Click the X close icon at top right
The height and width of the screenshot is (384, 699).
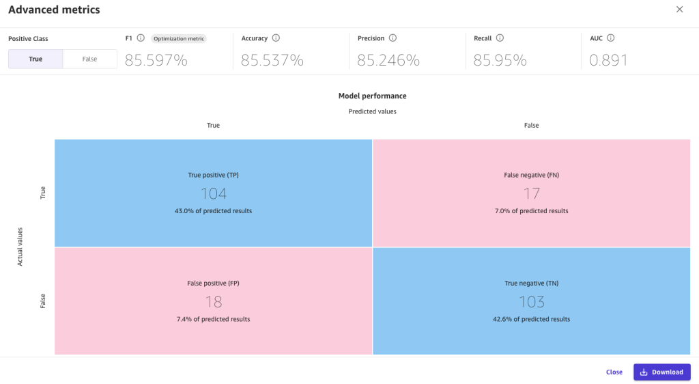[x=679, y=10]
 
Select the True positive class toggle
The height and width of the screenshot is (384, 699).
[x=35, y=59]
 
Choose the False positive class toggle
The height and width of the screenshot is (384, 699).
[x=89, y=59]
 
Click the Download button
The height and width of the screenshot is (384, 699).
[x=661, y=372]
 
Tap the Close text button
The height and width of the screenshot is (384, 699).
[x=614, y=372]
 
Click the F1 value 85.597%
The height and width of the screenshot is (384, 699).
[x=156, y=60]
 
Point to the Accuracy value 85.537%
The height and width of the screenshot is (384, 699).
[x=272, y=60]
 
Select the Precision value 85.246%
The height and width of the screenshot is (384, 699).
[x=388, y=60]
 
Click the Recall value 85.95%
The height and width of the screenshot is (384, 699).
[x=500, y=60]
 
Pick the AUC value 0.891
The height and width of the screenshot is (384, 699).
[x=609, y=60]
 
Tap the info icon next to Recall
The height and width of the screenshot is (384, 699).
[x=500, y=38]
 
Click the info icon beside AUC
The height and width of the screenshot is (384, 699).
[x=611, y=38]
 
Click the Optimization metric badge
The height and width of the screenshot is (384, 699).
[x=179, y=39]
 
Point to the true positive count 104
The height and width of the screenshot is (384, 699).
[x=214, y=194]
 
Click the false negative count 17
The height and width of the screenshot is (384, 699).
[x=532, y=194]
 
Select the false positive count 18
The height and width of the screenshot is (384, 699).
[x=214, y=302]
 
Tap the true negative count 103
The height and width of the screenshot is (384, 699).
[x=532, y=302]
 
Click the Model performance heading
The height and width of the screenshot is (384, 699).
[x=372, y=96]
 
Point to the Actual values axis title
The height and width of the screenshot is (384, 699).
[x=20, y=247]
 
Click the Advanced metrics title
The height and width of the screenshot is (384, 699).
[x=54, y=10]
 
